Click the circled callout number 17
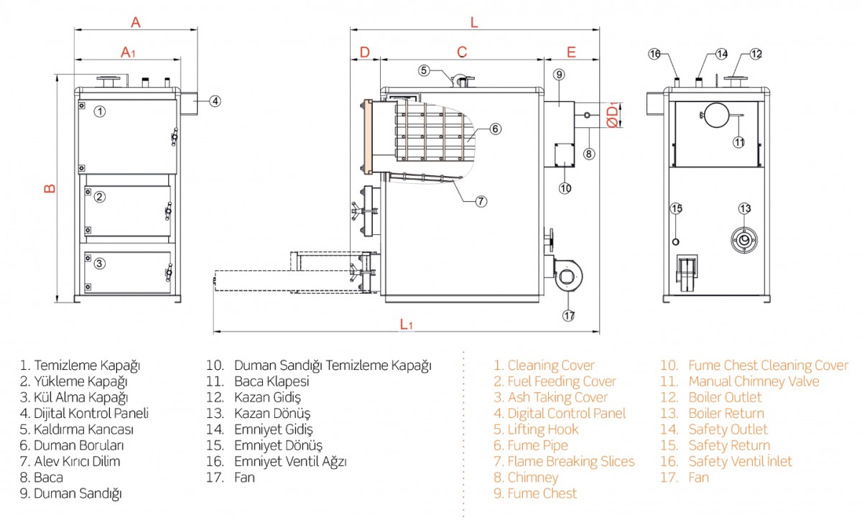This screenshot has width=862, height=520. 569,315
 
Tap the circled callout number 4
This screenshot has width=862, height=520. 215,101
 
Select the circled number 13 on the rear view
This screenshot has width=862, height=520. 744,208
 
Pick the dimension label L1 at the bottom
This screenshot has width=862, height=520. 406,324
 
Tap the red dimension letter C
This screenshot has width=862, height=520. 462,52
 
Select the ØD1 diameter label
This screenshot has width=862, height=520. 612,116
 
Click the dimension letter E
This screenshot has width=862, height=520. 571,52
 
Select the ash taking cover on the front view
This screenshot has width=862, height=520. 128,272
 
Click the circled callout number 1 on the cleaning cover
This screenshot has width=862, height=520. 100,111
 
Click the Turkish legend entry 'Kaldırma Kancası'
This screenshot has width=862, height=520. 76,430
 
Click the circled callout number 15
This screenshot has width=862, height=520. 676,208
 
